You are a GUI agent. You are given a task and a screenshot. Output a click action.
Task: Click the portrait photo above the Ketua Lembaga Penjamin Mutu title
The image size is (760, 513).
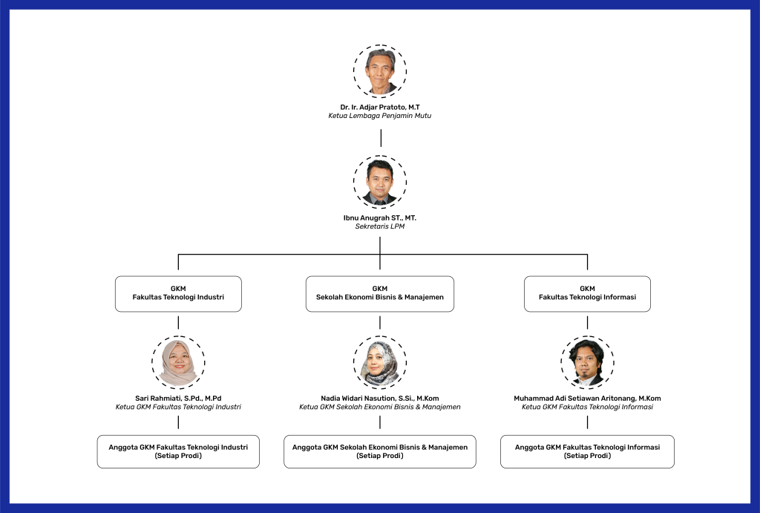pyautogui.click(x=380, y=71)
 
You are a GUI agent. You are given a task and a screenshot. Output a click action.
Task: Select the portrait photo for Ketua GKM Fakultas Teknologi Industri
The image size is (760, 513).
pyautogui.click(x=178, y=362)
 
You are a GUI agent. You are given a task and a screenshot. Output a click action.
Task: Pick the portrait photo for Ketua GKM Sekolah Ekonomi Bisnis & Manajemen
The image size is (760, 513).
pyautogui.click(x=380, y=362)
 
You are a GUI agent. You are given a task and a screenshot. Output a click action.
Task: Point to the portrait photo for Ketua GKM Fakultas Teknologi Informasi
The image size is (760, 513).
pyautogui.click(x=587, y=362)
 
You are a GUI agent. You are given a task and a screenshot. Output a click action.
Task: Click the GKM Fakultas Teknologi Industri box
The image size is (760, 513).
pyautogui.click(x=178, y=293)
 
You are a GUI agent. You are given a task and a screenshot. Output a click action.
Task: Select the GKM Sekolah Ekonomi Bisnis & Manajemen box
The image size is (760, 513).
pyautogui.click(x=380, y=293)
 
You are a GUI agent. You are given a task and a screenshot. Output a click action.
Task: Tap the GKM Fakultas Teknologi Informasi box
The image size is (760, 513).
pyautogui.click(x=587, y=293)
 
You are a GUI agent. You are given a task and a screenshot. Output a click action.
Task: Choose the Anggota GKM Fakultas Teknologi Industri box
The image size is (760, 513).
pyautogui.click(x=178, y=451)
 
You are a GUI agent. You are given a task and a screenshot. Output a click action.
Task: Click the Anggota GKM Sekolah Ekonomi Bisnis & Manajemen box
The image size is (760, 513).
pyautogui.click(x=380, y=451)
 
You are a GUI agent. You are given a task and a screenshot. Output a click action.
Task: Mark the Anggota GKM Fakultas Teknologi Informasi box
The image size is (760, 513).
pyautogui.click(x=587, y=451)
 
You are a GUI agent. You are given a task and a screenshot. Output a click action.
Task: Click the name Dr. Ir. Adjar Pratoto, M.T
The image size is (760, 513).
pyautogui.click(x=380, y=107)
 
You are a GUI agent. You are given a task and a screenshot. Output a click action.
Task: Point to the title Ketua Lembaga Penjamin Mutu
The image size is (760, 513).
pyautogui.click(x=380, y=116)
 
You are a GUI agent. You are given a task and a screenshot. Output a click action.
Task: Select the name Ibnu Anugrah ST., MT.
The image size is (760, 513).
pyautogui.click(x=380, y=218)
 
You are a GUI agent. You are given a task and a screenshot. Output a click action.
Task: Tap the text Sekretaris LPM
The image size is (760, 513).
pyautogui.click(x=380, y=226)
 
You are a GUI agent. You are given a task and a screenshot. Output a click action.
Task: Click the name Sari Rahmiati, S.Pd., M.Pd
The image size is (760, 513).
pyautogui.click(x=178, y=398)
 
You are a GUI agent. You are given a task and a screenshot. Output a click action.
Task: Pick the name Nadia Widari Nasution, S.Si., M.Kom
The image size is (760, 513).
pyautogui.click(x=380, y=398)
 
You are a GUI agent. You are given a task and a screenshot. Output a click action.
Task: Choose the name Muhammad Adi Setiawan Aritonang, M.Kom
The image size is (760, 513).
pyautogui.click(x=587, y=398)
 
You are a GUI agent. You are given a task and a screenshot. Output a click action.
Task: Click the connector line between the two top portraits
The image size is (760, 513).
pyautogui.click(x=381, y=138)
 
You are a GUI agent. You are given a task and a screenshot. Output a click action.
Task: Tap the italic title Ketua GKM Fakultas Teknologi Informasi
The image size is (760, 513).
pyautogui.click(x=587, y=407)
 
